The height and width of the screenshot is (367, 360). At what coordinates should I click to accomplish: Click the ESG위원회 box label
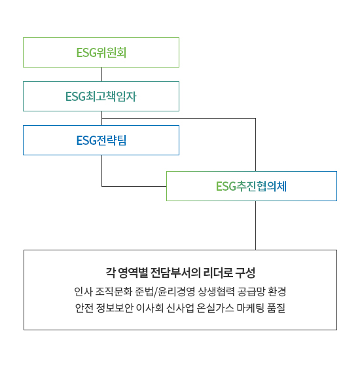[x=101, y=52]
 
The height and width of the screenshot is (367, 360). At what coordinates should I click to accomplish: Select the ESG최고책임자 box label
[x=101, y=96]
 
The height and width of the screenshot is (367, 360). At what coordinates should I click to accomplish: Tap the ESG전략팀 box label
[x=101, y=140]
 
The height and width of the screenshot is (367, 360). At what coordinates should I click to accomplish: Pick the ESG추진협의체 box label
[x=251, y=186]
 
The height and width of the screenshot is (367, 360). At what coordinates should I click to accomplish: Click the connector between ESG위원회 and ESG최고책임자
[x=101, y=75]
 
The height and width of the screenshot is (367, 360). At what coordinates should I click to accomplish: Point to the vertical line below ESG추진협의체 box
[x=255, y=225]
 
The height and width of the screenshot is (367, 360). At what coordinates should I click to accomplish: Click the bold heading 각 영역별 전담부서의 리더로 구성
[x=180, y=273]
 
